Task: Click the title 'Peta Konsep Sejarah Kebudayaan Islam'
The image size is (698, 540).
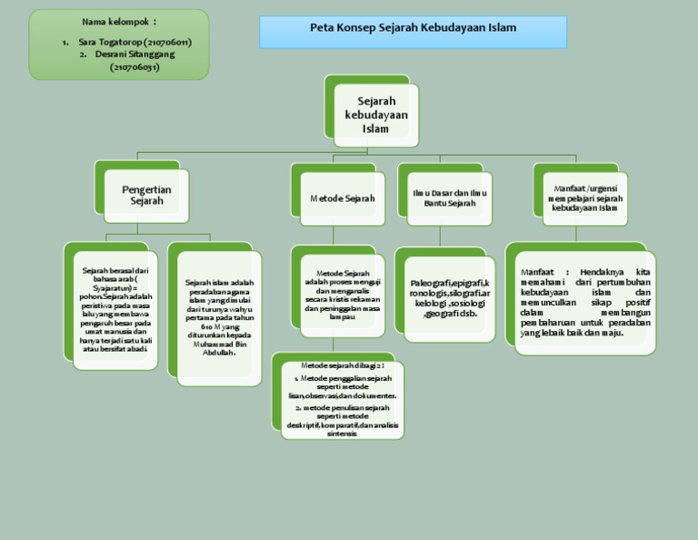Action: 413,28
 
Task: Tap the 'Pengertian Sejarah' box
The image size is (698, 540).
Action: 146,195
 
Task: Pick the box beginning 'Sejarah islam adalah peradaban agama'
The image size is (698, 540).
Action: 218,317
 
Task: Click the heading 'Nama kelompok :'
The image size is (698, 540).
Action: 118,21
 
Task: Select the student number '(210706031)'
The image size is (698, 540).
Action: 135,66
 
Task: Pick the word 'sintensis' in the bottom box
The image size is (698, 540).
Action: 341,434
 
